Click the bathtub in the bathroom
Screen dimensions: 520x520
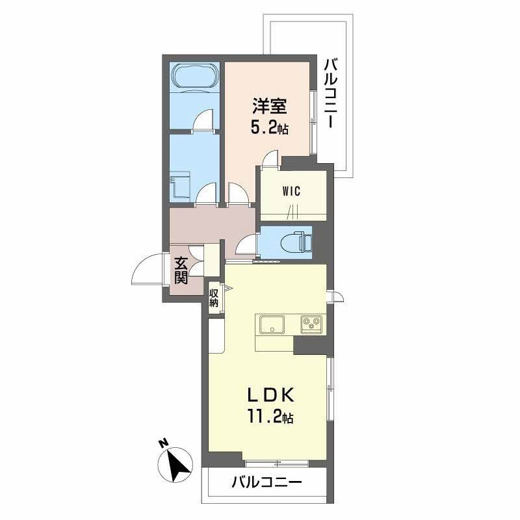tap(194, 77)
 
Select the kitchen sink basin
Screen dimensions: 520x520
tap(272, 324)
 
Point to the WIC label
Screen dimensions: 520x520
tap(292, 191)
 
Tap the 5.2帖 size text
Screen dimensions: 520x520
tap(269, 127)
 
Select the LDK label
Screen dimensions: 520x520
tap(270, 396)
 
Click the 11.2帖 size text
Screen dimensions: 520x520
tap(270, 416)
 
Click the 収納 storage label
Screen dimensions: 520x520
tap(214, 298)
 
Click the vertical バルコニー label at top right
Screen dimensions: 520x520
tap(331, 93)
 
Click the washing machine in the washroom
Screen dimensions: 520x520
tap(180, 187)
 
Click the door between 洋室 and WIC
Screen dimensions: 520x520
tap(270, 159)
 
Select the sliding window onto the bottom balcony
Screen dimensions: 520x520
tap(276, 463)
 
